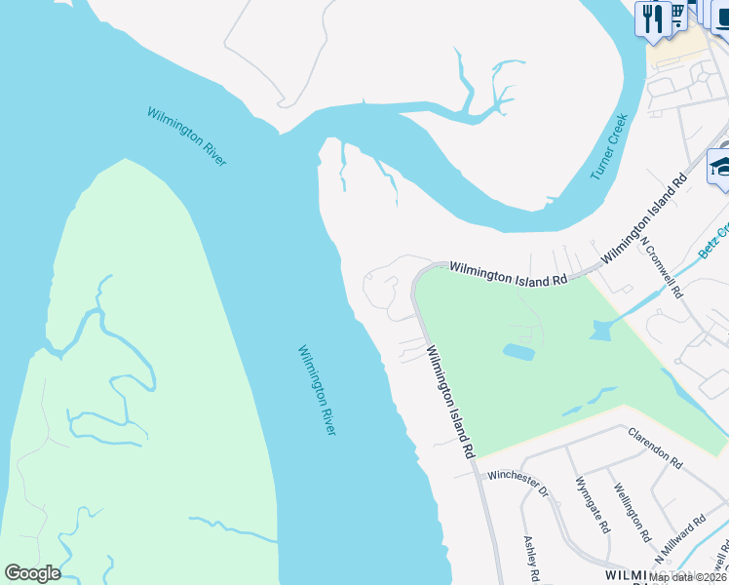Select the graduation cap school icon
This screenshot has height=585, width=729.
(720, 166)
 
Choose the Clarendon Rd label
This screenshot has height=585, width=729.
(655, 446)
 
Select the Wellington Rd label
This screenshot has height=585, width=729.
(632, 512)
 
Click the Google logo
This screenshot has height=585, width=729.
(32, 573)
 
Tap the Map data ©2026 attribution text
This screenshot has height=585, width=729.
(686, 577)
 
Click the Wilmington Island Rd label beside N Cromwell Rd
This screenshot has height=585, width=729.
(644, 220)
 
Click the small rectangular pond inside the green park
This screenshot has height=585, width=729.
(518, 351)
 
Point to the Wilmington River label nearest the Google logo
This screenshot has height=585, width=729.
(317, 390)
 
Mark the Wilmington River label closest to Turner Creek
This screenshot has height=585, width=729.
(187, 136)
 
